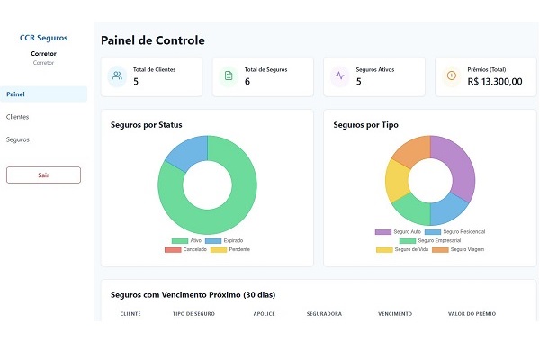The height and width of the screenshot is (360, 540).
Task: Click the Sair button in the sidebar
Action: pos(43,175)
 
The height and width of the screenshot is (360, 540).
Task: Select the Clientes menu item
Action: pos(18,117)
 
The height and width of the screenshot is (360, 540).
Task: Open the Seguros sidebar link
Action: pos(18,139)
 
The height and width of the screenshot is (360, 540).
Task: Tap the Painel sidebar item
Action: pos(15,94)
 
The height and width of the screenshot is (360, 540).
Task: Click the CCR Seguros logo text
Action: pos(43,38)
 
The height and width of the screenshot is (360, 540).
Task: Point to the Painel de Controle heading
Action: pos(153,40)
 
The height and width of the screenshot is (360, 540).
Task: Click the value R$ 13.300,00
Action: pos(495,81)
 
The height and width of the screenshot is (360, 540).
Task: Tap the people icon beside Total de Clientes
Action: pos(117,76)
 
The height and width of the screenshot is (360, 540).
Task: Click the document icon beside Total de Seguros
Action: pos(229,76)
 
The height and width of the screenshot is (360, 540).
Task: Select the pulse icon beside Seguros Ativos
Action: pos(339,76)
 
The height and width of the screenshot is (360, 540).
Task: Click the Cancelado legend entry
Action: pos(185,249)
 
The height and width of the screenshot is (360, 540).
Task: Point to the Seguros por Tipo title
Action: pos(365,125)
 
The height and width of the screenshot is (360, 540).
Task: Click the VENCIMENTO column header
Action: pos(395,313)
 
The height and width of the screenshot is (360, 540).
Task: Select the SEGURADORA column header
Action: pos(324,313)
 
